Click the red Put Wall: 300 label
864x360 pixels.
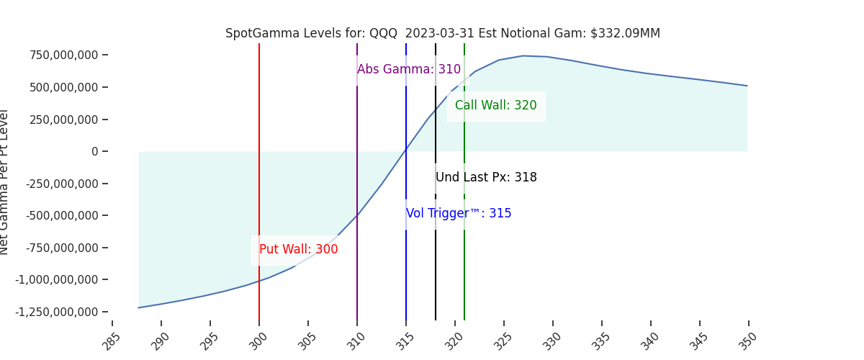(x=298, y=250)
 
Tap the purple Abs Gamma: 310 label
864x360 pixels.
(x=408, y=70)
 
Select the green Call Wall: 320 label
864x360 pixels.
(x=495, y=106)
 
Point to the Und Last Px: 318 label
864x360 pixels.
(x=486, y=178)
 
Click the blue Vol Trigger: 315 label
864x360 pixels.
(x=459, y=214)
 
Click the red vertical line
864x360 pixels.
(x=259, y=144)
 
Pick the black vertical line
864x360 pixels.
(x=436, y=130)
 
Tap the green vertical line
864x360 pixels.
(x=464, y=144)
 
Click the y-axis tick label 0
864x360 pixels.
(x=94, y=151)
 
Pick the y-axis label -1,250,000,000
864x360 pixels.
(x=57, y=312)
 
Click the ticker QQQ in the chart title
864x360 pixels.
(x=383, y=34)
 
